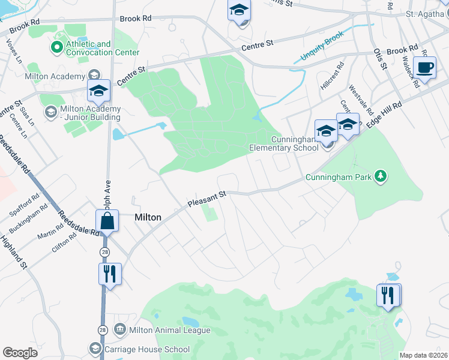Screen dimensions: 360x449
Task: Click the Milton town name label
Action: [148, 217]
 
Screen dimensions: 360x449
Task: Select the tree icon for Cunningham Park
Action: [379, 176]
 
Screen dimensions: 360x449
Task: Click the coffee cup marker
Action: [425, 68]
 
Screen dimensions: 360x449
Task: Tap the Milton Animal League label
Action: [170, 330]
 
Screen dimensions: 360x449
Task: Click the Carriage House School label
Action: [148, 349]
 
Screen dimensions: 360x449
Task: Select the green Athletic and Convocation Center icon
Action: [57, 46]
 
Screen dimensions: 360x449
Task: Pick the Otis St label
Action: [378, 59]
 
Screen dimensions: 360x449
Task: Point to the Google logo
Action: [20, 352]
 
